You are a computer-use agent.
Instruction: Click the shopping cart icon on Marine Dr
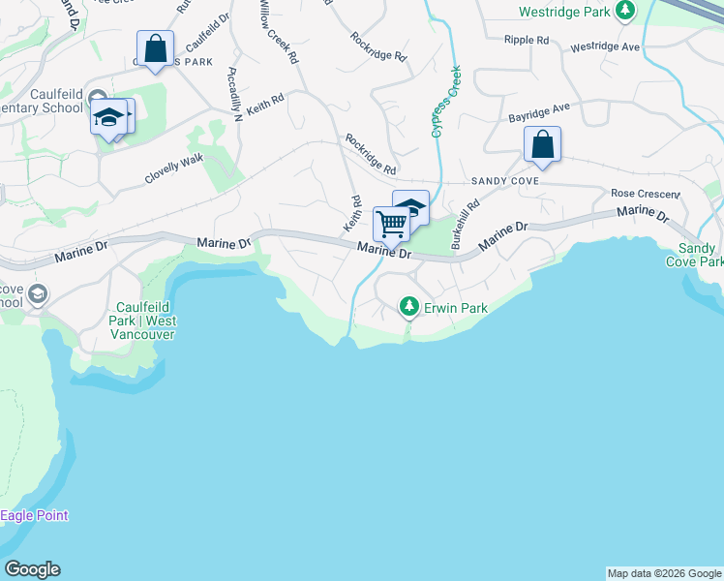[x=391, y=224]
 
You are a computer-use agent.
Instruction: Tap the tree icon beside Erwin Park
[x=409, y=307]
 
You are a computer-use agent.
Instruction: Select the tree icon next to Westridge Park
[x=626, y=11]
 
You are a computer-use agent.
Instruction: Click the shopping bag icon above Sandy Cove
[x=543, y=145]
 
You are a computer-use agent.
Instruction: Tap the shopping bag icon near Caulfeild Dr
[x=155, y=48]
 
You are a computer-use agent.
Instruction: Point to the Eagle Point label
[x=34, y=515]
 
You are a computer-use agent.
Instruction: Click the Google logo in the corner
[x=32, y=568]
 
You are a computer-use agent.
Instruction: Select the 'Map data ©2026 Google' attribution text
[x=664, y=573]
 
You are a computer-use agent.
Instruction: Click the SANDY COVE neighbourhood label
[x=504, y=181]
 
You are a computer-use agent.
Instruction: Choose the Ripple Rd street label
[x=527, y=40]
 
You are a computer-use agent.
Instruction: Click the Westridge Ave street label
[x=605, y=46]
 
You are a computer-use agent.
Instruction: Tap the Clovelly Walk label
[x=174, y=168]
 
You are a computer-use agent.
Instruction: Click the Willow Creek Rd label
[x=278, y=31]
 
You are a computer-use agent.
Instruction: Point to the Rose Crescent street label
[x=646, y=194]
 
